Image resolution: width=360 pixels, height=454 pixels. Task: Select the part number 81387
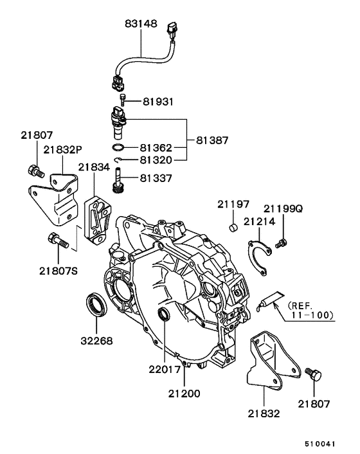[212, 140]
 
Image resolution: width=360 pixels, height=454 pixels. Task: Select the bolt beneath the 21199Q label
[281, 243]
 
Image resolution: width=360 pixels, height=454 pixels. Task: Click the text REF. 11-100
[311, 310]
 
